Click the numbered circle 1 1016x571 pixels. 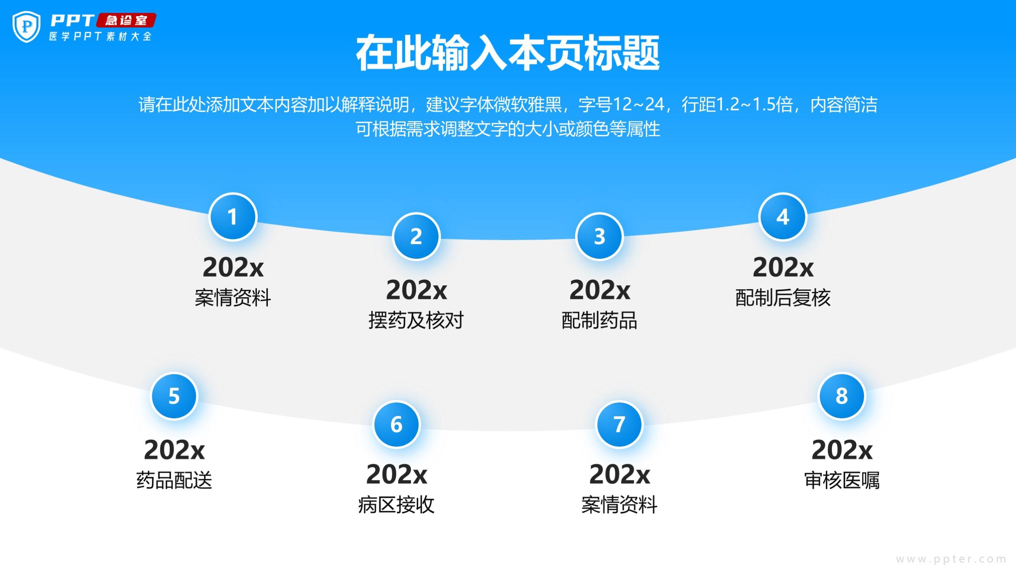(233, 217)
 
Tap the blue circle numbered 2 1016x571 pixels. (416, 236)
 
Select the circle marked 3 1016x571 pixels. (599, 236)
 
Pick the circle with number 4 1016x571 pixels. (783, 217)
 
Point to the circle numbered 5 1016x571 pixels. (174, 396)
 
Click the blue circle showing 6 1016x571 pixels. (396, 424)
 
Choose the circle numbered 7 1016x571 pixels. (619, 424)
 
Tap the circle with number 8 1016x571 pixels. (842, 396)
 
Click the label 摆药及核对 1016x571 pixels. (416, 320)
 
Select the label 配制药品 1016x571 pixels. (599, 320)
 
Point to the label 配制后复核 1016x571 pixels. (783, 298)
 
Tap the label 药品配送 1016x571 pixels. (174, 480)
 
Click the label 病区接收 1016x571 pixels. (396, 505)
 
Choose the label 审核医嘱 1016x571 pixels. (842, 480)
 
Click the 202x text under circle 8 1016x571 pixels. (842, 450)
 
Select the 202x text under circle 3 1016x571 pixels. (599, 290)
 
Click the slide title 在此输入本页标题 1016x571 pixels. (508, 53)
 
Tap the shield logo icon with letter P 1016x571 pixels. (26, 27)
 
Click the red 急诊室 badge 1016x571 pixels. (126, 20)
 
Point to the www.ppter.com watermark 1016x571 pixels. (951, 559)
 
